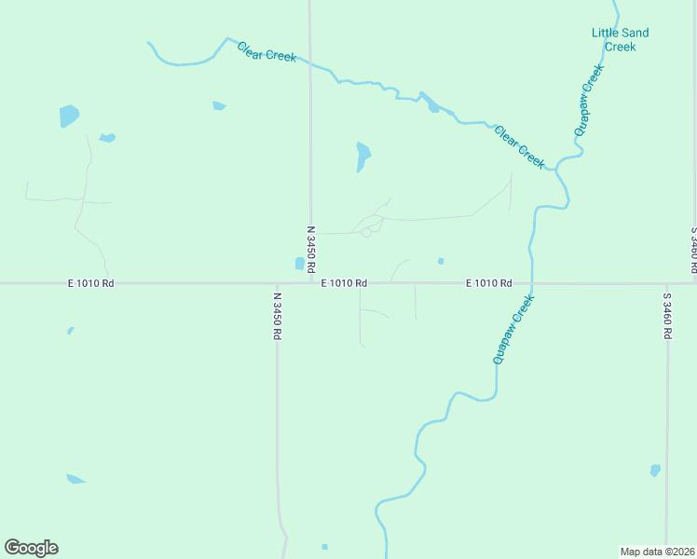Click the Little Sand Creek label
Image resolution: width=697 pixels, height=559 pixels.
pos(620,39)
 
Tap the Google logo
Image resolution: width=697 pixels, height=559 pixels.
pos(31,548)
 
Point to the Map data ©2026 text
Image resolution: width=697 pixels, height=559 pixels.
pos(656,551)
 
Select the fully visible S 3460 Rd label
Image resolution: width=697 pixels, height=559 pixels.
pos(667,317)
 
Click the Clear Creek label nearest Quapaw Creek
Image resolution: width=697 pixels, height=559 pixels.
pos(519,147)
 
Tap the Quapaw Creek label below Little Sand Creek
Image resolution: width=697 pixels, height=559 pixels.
pos(589,101)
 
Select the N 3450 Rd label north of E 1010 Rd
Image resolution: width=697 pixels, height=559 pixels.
pos(310,247)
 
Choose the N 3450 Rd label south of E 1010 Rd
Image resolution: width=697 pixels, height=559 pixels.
pos(277,317)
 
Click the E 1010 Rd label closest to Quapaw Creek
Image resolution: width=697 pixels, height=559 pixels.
pos(489,282)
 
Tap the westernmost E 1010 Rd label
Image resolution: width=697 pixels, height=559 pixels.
pos(90,282)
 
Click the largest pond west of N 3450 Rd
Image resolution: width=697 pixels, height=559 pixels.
pos(69,116)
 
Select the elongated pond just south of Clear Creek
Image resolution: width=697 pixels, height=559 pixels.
pos(362,156)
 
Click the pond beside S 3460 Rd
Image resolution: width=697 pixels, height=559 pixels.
pos(655,470)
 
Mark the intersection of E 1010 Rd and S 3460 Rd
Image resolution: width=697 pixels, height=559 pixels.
pos(667,283)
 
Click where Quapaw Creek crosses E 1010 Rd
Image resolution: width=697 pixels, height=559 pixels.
pos(531,283)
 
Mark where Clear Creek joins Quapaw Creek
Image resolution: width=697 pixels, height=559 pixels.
pos(556,169)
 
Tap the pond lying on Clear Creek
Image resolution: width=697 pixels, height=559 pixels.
pos(431,105)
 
